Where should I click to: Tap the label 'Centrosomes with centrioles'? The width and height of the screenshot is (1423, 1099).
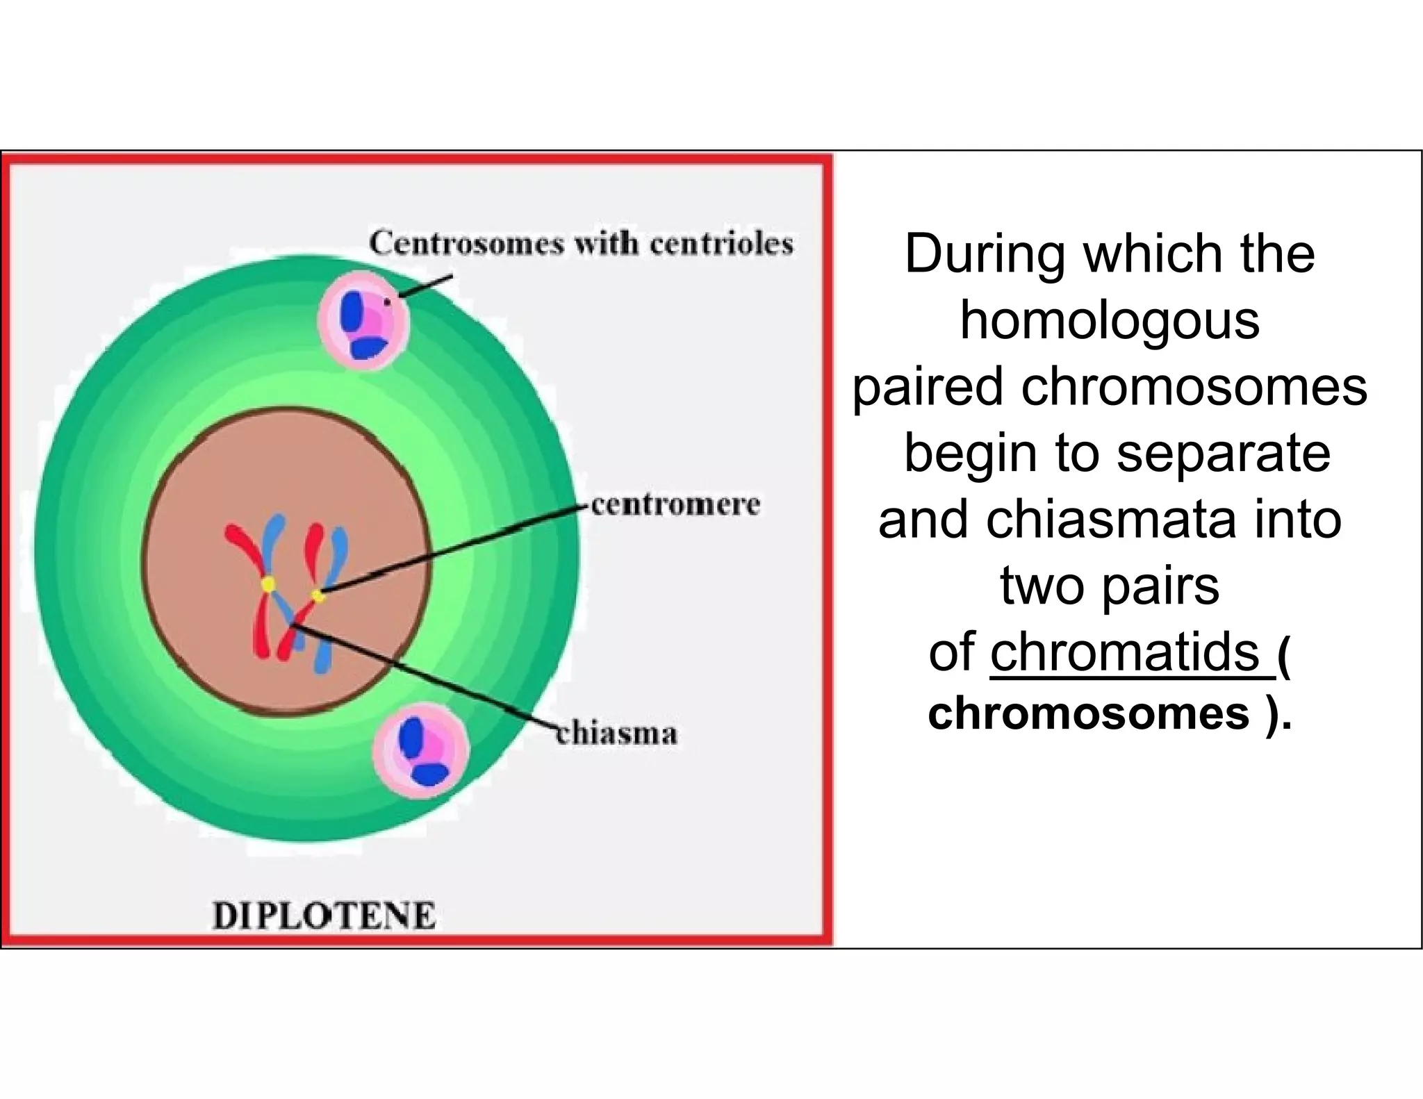[581, 244]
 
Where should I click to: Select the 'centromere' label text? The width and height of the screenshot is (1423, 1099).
[675, 504]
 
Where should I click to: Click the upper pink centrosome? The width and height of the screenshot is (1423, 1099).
[364, 320]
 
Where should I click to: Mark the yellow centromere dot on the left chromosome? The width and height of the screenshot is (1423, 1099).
[268, 584]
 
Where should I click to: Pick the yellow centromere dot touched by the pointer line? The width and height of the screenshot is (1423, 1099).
[318, 595]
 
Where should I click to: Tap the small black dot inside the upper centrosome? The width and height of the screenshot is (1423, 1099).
[387, 302]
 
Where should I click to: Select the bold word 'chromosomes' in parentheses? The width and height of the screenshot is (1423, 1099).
[1088, 713]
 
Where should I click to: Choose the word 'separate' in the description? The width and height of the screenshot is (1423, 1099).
[1223, 453]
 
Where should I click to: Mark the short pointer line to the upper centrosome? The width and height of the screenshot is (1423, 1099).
[425, 286]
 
